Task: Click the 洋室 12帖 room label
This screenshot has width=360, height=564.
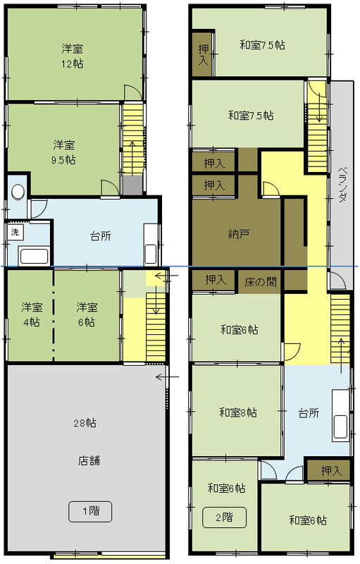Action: pyautogui.click(x=73, y=56)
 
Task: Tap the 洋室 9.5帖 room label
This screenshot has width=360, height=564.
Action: pyautogui.click(x=64, y=152)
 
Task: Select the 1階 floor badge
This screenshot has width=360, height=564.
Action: pyautogui.click(x=90, y=511)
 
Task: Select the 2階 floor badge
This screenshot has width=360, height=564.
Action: pyautogui.click(x=225, y=517)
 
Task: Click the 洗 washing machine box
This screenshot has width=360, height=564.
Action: pyautogui.click(x=15, y=232)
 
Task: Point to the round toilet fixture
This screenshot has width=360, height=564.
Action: pyautogui.click(x=18, y=192)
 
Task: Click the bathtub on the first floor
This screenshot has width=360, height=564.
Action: pyautogui.click(x=34, y=257)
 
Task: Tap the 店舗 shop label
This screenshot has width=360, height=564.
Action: pyautogui.click(x=89, y=460)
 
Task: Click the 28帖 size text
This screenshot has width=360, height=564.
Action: pyautogui.click(x=85, y=423)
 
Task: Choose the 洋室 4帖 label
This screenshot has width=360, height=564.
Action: pyautogui.click(x=32, y=314)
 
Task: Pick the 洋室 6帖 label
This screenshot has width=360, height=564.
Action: pyautogui.click(x=87, y=314)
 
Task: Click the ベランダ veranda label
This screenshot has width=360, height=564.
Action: pyautogui.click(x=343, y=184)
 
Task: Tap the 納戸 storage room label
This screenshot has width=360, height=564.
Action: pyautogui.click(x=239, y=235)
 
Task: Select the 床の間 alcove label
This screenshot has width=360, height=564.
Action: pyautogui.click(x=261, y=282)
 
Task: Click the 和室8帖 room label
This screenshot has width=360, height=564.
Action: pyautogui.click(x=238, y=412)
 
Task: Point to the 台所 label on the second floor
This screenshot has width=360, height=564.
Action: pyautogui.click(x=309, y=413)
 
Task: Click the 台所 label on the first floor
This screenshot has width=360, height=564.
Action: pyautogui.click(x=101, y=236)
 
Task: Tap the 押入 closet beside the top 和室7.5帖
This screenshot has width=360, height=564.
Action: pyautogui.click(x=204, y=54)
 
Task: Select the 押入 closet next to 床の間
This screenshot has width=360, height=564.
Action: pyautogui.click(x=216, y=280)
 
